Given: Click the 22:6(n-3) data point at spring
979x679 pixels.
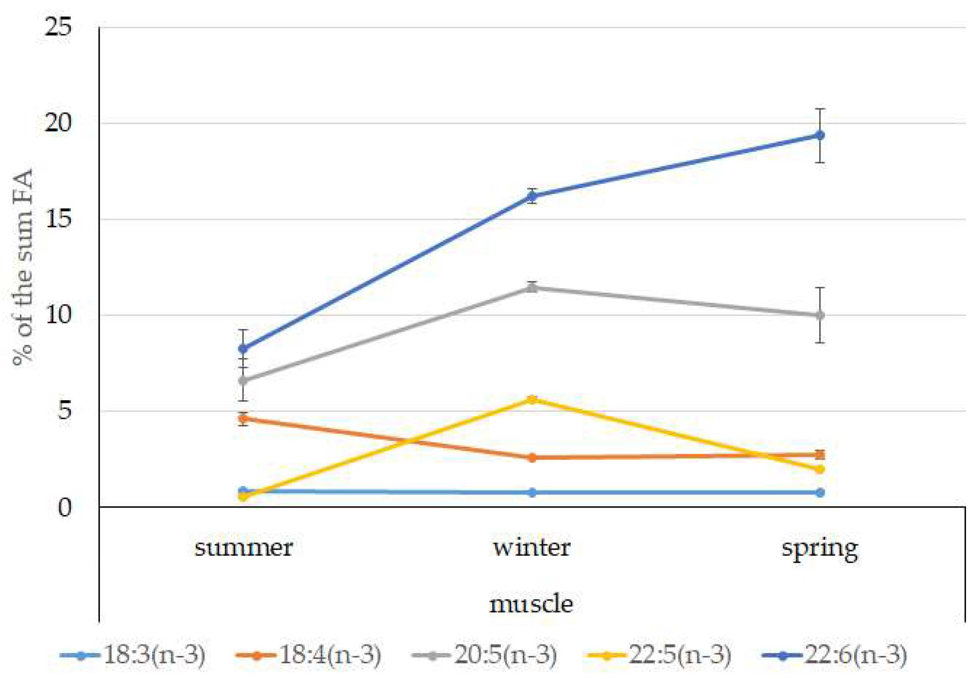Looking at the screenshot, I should click(x=820, y=135).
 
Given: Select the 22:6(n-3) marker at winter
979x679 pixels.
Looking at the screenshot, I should click(x=532, y=196).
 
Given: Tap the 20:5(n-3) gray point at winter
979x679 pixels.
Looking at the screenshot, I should click(x=532, y=288).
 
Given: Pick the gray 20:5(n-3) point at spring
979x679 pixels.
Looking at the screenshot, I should click(x=820, y=315).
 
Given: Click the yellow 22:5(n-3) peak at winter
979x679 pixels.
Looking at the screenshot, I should click(x=532, y=399).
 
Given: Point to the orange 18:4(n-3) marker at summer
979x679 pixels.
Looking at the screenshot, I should click(x=243, y=419).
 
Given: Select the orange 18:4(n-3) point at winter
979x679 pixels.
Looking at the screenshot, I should click(x=532, y=458).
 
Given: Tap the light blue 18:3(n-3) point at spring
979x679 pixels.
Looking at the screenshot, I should click(x=820, y=493).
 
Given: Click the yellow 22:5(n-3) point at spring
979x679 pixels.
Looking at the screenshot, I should click(x=820, y=469).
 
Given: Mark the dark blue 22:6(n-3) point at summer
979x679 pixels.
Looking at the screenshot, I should click(x=243, y=349).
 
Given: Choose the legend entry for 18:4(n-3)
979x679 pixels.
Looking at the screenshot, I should click(x=308, y=655).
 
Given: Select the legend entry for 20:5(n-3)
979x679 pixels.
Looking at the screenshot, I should click(x=484, y=655).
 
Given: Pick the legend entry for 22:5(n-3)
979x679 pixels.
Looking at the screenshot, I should click(x=659, y=655).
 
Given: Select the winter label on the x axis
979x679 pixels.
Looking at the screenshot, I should click(x=532, y=548).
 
